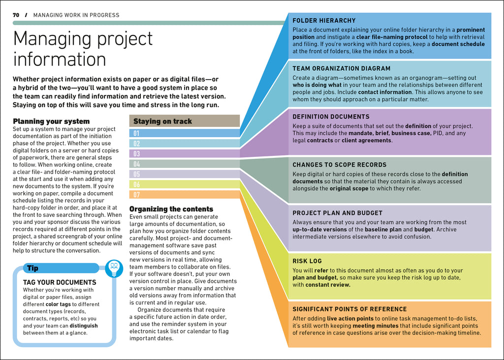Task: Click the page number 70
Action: click(16, 15)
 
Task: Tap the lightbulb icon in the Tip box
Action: click(114, 268)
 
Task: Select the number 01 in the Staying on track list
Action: click(136, 133)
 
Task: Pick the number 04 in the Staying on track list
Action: click(136, 164)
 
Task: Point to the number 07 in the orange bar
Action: click(136, 194)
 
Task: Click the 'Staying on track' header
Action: click(162, 121)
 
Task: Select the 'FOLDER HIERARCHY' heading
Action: click(324, 21)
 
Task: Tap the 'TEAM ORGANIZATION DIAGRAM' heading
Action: click(341, 69)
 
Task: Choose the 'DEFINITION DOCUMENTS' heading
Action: click(331, 117)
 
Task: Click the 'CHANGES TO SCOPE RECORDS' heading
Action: click(340, 165)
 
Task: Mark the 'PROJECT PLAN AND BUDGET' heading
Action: click(337, 213)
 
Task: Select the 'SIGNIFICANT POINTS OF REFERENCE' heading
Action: click(349, 309)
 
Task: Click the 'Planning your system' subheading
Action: click(51, 121)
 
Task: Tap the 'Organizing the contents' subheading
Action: click(171, 209)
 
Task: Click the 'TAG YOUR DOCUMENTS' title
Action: click(60, 283)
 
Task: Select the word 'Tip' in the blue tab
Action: click(32, 269)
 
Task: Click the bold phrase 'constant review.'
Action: click(328, 285)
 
